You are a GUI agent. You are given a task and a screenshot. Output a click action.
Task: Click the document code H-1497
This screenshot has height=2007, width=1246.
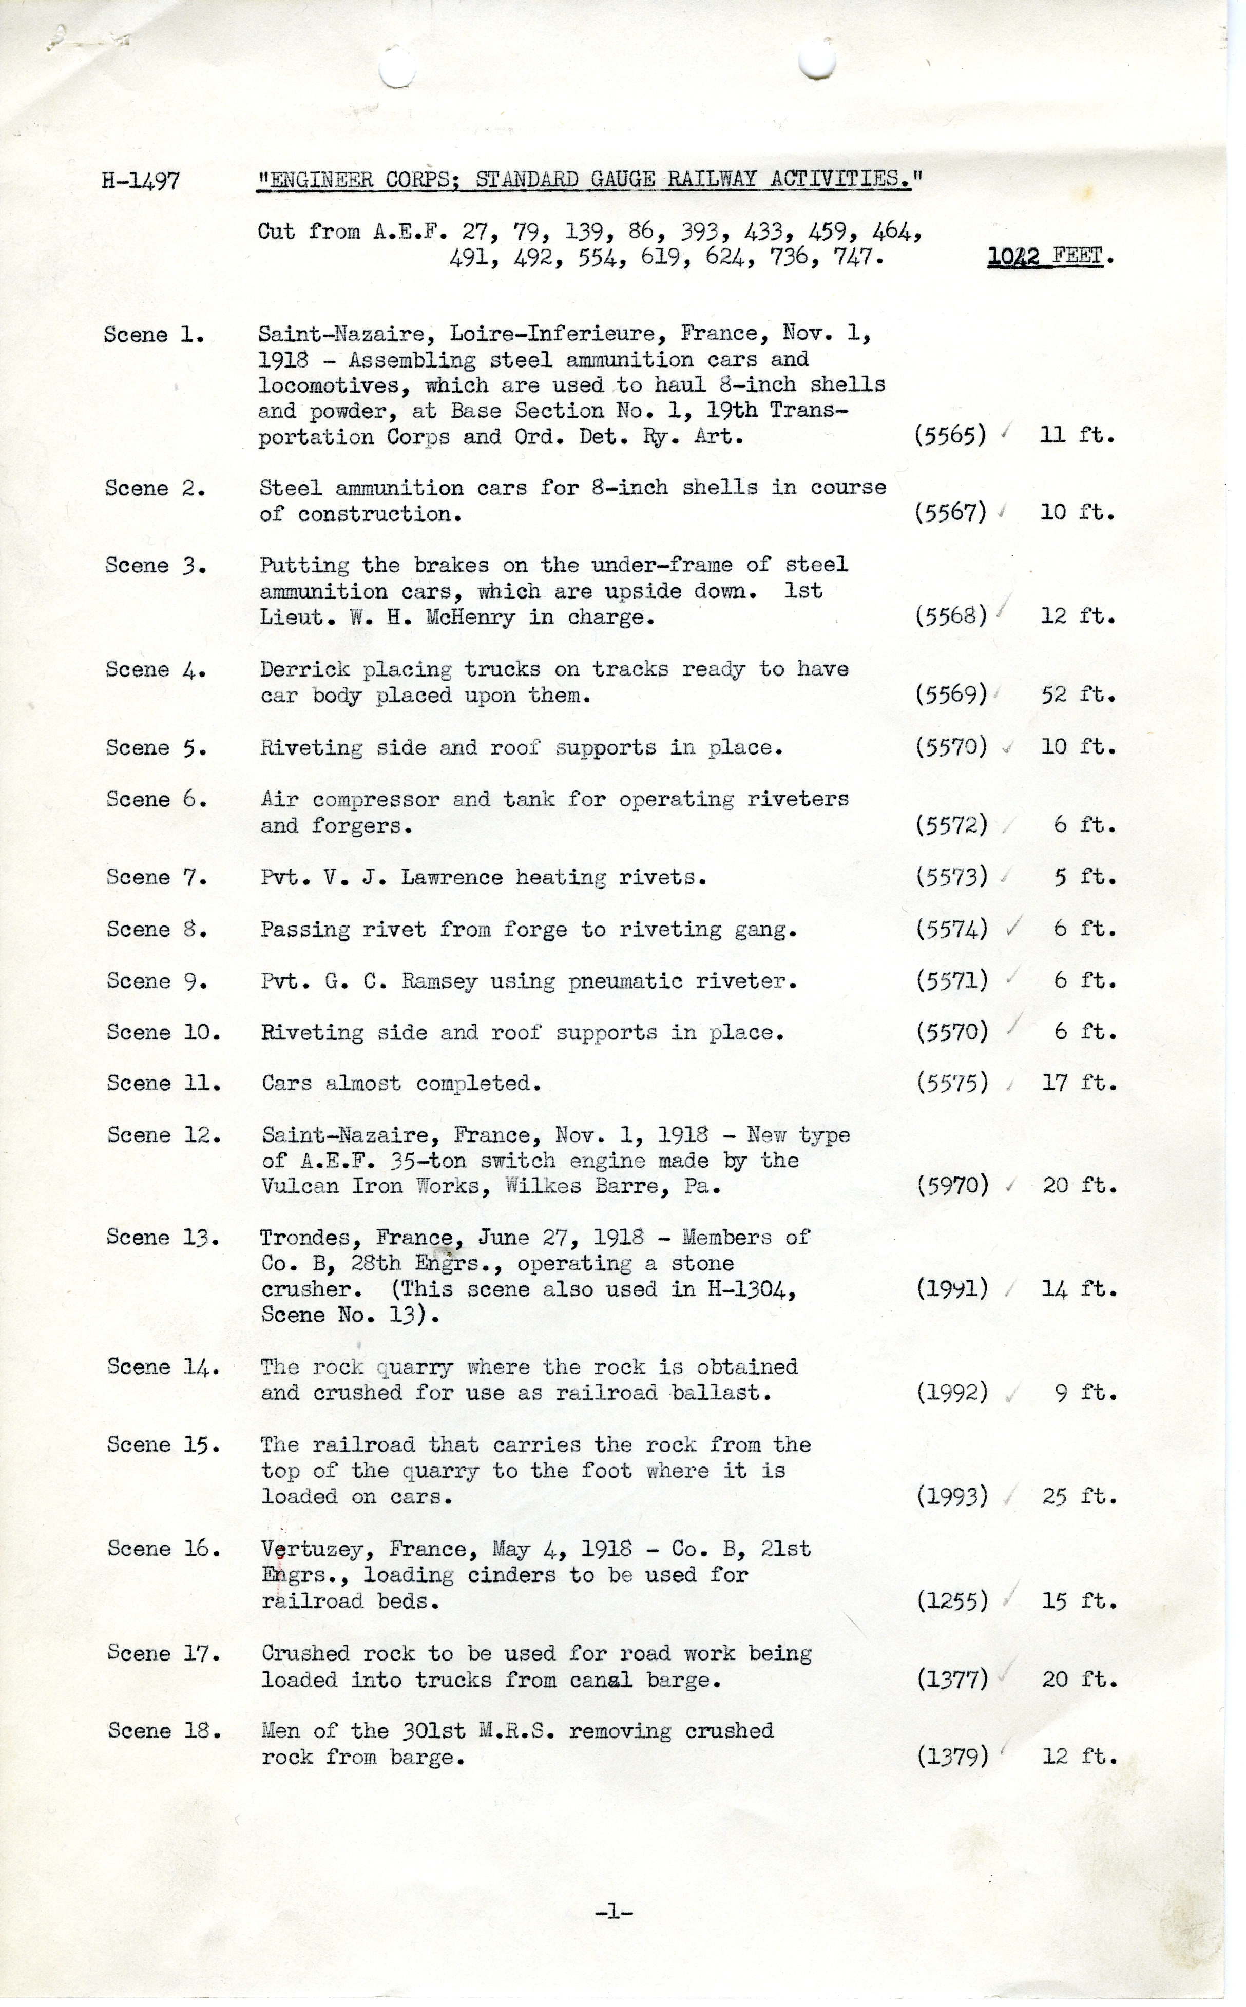140,181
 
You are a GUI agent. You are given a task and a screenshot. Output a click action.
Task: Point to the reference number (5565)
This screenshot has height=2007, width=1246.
950,435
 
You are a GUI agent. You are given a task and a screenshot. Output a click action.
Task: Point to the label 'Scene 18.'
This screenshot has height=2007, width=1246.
164,1731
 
